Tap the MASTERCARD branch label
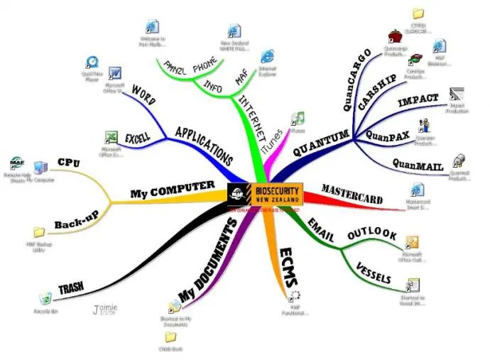coord(353,194)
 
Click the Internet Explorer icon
coord(266,56)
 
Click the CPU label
coord(69,163)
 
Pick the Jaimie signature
coord(106,310)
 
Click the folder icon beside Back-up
coord(40,232)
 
